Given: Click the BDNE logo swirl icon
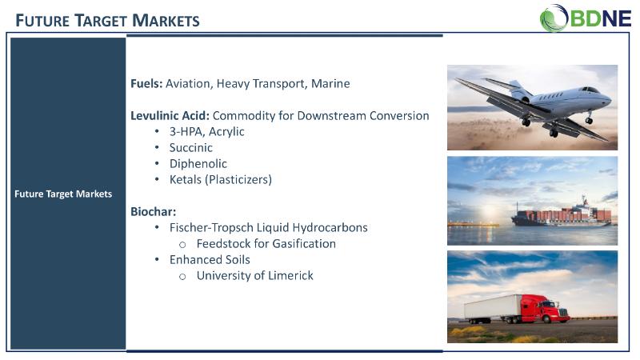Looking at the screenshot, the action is click(554, 18).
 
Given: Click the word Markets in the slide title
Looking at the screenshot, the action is click(166, 21).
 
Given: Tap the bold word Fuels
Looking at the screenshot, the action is click(146, 84).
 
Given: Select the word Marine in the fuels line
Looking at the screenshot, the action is click(330, 84).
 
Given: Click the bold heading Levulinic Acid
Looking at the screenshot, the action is click(170, 116).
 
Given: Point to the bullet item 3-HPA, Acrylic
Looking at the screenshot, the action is click(206, 132).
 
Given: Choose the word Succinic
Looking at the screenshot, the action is click(190, 148).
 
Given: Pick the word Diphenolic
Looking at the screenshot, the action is click(198, 164).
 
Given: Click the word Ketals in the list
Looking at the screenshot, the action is click(186, 179).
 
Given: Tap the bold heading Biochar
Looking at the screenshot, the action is click(153, 212).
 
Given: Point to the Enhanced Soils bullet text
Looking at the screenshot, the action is click(210, 259).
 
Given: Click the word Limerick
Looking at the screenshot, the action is click(291, 275).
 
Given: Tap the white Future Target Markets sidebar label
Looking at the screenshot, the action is click(63, 194).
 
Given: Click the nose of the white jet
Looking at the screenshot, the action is click(609, 98).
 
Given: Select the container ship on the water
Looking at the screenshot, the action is click(562, 213).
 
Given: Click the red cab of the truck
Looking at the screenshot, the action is click(544, 309).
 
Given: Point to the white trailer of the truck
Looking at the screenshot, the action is click(493, 307).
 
